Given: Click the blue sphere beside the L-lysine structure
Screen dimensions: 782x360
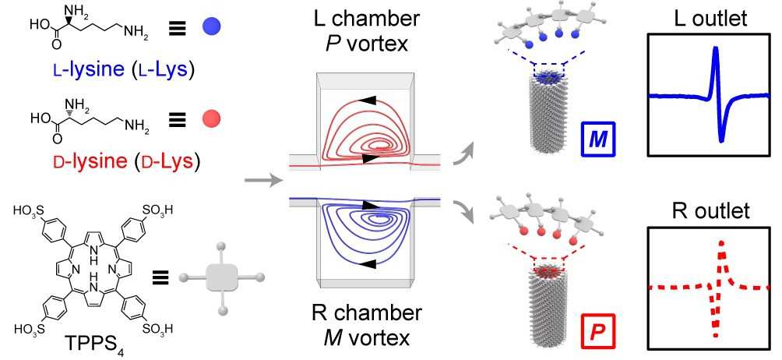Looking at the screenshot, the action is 209,27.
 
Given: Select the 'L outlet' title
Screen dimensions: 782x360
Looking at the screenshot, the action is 707,20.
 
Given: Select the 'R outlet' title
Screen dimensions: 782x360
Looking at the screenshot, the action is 707,212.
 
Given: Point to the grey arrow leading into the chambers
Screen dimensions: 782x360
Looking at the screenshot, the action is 261,181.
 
